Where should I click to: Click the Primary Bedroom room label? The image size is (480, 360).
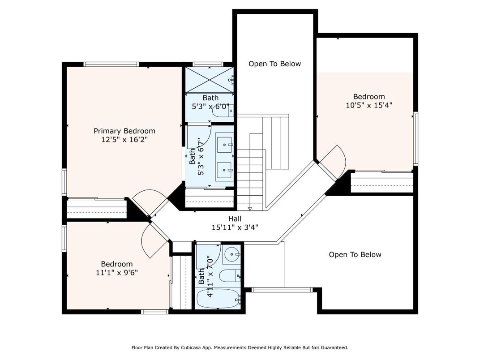[x=124, y=131]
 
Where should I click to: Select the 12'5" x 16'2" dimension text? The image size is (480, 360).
[x=124, y=140]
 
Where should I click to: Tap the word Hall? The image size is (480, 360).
[x=235, y=219]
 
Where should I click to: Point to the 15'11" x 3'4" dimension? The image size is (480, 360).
[x=235, y=227]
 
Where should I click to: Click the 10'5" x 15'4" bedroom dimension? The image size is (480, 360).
[x=369, y=105]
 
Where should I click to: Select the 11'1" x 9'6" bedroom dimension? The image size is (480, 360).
[x=116, y=273]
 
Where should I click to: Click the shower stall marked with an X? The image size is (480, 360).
[x=209, y=79]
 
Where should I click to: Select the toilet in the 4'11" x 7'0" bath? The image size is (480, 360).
[x=231, y=276]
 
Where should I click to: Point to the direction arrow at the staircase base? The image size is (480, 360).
[x=250, y=208]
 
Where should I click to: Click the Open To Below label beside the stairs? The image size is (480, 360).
[x=274, y=64]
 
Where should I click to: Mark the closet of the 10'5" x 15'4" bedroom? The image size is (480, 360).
[x=381, y=182]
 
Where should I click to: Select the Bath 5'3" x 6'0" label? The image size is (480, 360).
[x=210, y=102]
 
